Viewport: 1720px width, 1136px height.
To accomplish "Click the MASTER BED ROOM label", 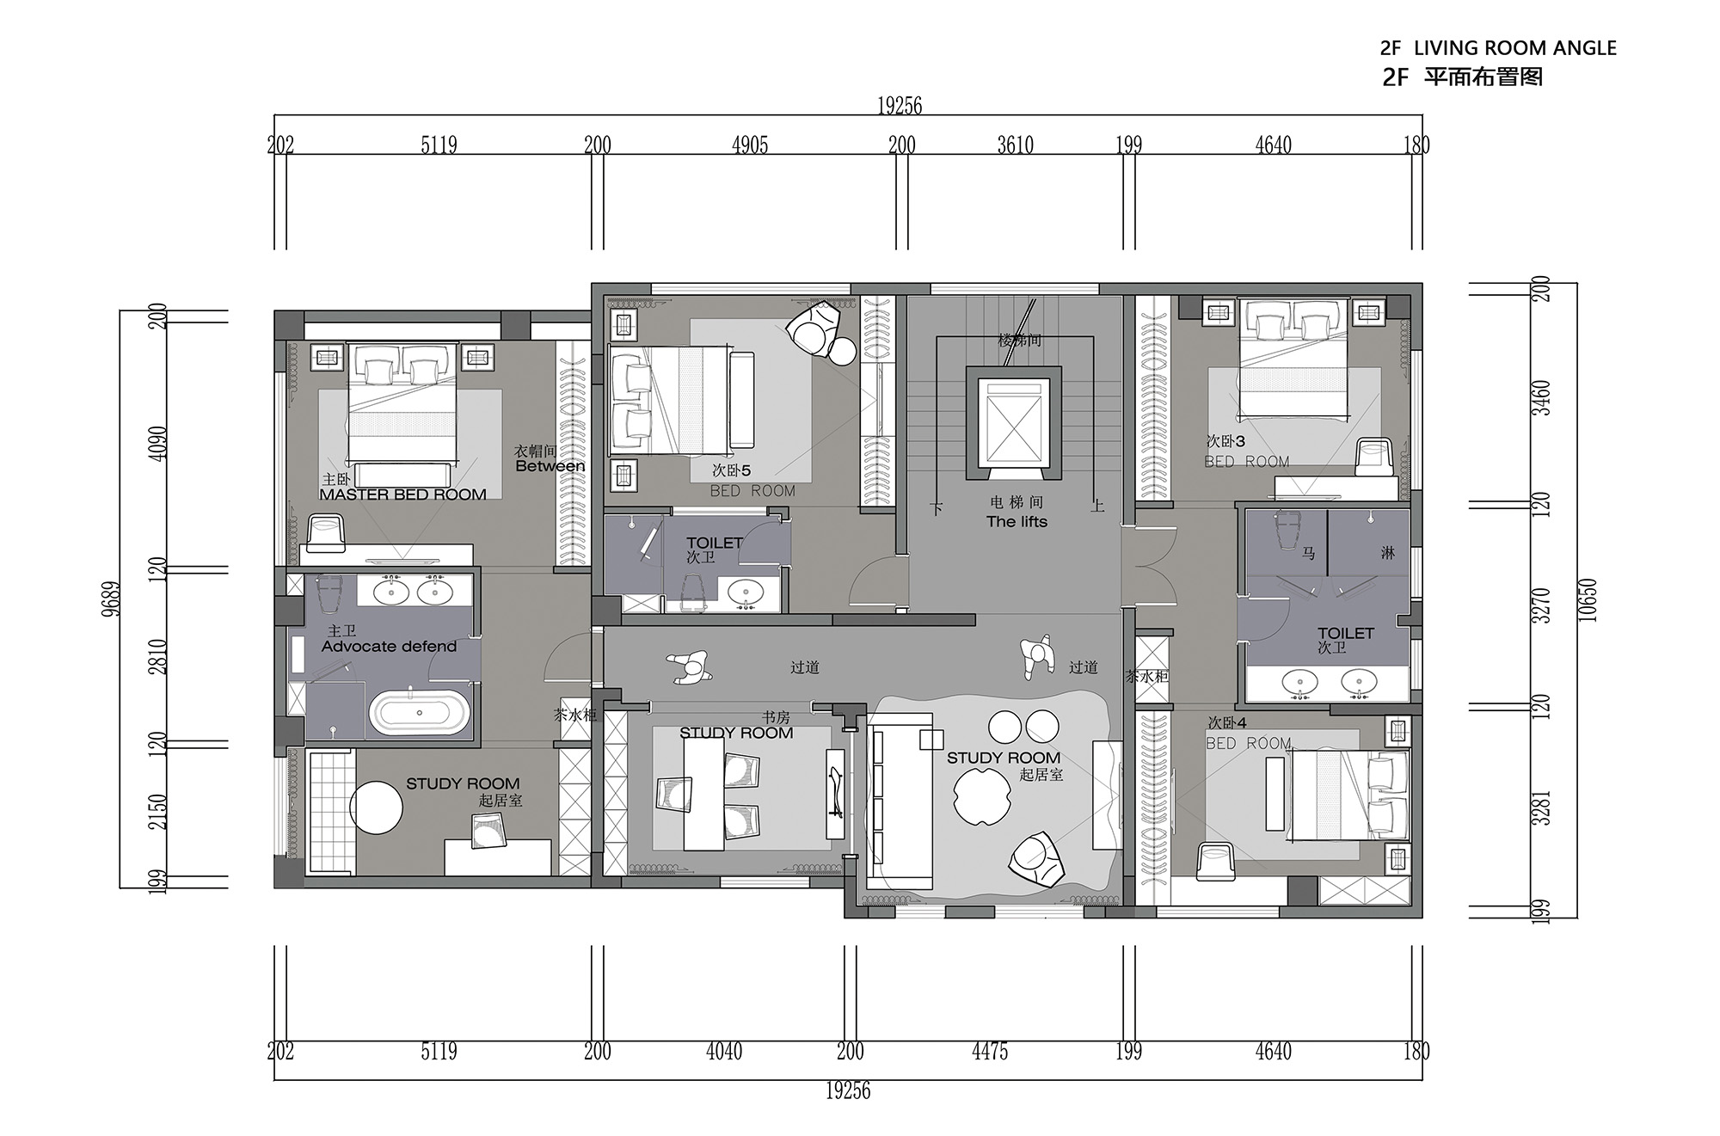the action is coord(402,494).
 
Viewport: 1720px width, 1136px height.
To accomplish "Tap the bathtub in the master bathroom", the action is coord(420,713).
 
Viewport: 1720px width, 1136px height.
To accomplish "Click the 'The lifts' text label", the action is coord(1017,522).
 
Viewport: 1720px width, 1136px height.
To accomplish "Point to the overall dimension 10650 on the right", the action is coord(1588,600).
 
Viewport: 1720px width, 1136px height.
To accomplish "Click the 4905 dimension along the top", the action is coord(749,144).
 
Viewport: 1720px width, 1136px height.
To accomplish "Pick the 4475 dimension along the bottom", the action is coord(990,1051).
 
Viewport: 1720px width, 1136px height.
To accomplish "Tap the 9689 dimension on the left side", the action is coord(114,599).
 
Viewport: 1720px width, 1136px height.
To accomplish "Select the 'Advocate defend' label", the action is coord(389,647).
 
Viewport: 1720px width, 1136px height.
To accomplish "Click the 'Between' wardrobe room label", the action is coord(550,466).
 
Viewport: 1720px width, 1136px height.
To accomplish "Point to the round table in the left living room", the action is coord(377,807).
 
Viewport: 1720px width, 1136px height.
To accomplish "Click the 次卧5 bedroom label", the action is coord(731,470).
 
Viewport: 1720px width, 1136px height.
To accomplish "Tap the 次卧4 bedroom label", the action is coord(1227,723).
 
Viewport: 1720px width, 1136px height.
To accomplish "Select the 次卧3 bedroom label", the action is coord(1225,441).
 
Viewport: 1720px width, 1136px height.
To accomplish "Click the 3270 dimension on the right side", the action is coord(1545,605).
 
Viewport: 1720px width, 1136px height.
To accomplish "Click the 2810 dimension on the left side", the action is coord(158,656).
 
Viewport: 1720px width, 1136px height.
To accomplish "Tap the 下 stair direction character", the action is coord(937,508).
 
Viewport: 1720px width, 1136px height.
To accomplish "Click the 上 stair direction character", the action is coord(1097,507).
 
